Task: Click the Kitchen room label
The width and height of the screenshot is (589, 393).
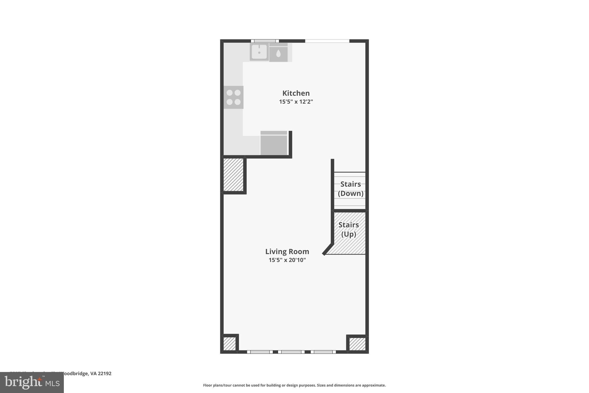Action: [296, 93]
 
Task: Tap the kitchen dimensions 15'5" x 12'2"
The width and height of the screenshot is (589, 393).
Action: [296, 102]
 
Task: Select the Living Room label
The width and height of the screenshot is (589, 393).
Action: [287, 252]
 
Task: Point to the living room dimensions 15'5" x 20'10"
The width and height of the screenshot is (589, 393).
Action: [287, 260]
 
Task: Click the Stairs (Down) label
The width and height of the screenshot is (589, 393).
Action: [350, 189]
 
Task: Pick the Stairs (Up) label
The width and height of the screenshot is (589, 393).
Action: [349, 229]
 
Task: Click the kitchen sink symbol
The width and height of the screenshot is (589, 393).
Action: [259, 52]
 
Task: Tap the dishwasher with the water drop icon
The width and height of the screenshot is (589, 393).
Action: [278, 53]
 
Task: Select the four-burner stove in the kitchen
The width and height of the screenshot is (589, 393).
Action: [234, 97]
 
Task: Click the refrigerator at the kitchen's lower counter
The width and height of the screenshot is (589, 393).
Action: [274, 143]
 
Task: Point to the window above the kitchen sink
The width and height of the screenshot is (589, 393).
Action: [265, 41]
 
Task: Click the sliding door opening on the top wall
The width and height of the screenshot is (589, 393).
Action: [327, 41]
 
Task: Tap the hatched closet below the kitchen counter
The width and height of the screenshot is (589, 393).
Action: [233, 175]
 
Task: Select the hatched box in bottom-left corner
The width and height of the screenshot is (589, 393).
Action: [230, 343]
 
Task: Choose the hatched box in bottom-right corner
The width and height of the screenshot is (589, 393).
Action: [357, 344]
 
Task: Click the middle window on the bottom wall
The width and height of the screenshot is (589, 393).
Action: [291, 352]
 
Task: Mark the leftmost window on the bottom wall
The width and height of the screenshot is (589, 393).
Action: [260, 352]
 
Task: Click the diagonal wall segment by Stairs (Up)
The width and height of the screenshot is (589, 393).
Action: [328, 249]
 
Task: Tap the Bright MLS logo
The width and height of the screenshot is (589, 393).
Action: [32, 382]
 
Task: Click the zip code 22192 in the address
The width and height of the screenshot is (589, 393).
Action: [105, 373]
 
